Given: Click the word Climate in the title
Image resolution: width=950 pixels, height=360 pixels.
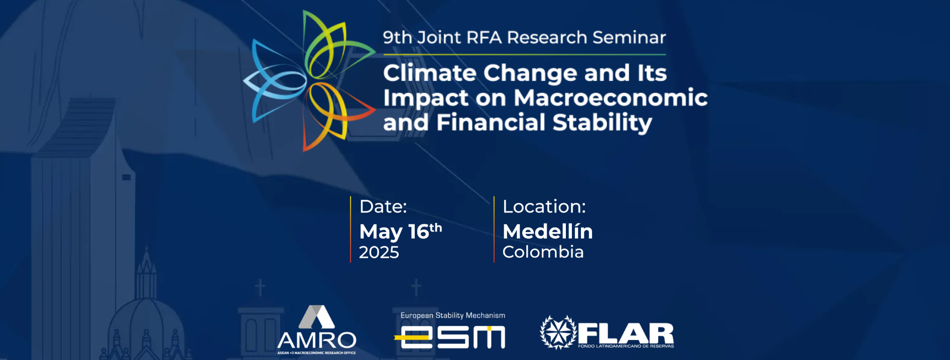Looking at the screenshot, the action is [430, 73].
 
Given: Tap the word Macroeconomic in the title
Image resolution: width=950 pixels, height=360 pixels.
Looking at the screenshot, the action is [611, 97].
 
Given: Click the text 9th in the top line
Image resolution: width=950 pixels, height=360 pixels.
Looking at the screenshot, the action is [397, 37].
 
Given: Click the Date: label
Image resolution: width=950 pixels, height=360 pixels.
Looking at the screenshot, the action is [383, 207].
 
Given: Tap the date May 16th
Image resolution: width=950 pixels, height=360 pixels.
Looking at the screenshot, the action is [401, 232].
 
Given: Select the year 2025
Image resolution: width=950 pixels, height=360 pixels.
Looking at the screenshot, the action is [379, 252].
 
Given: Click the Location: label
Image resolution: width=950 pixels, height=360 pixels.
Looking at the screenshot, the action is [544, 207].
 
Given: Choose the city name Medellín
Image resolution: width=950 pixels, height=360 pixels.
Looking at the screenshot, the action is [548, 231].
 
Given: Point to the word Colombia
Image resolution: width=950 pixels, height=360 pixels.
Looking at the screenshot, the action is [543, 252].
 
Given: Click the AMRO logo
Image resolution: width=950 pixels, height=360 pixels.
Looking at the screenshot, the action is [317, 329].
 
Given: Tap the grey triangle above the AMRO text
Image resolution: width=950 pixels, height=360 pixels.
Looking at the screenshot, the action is [317, 317].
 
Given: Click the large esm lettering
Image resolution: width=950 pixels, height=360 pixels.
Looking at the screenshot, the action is [450, 337].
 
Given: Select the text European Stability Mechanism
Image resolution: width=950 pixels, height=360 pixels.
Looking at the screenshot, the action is [453, 315].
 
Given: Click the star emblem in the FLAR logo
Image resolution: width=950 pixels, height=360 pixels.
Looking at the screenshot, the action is [558, 332].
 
